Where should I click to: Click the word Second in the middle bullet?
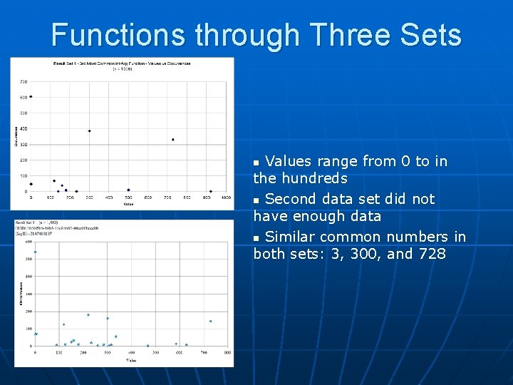[x=291, y=199]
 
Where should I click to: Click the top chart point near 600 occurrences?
[x=31, y=97]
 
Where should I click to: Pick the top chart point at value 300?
[x=89, y=131]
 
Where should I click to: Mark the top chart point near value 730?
[x=173, y=140]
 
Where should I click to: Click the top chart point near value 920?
[x=211, y=191]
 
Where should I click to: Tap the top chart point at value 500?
[x=128, y=190]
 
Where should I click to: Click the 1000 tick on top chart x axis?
[x=226, y=197]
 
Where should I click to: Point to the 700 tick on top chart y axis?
[x=24, y=81]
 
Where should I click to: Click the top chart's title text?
[x=123, y=63]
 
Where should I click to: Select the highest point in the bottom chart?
[x=36, y=252]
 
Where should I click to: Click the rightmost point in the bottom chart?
[x=210, y=321]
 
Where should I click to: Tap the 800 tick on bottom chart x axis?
[x=227, y=353]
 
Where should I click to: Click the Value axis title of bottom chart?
[x=131, y=360]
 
